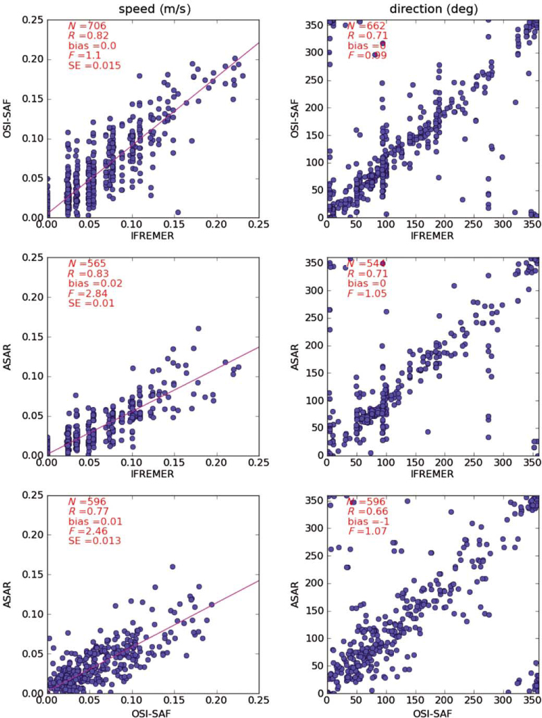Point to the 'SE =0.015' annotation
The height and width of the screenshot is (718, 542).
[x=95, y=66]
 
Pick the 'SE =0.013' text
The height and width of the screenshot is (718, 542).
[x=95, y=541]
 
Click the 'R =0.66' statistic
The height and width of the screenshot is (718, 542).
[x=368, y=512]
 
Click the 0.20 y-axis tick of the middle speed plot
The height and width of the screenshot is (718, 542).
[x=31, y=297]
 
